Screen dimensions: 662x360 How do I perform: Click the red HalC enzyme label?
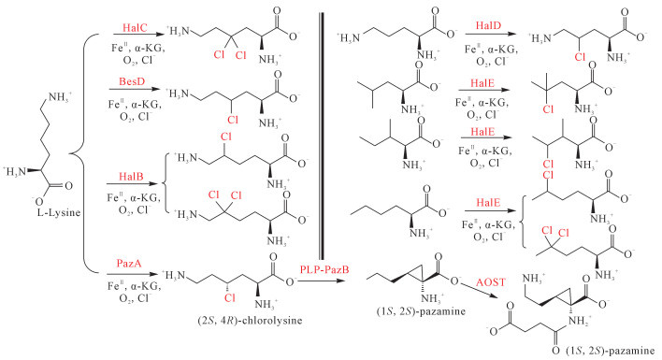point(135,28)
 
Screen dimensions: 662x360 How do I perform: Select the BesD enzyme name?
point(132,81)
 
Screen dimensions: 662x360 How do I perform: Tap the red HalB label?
point(131,176)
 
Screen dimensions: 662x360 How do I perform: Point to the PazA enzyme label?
point(129,264)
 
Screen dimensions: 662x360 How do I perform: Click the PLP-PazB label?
point(324,269)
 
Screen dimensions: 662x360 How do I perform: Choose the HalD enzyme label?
point(488,25)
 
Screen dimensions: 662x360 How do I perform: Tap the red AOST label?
point(491,282)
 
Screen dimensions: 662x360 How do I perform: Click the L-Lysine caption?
point(59,212)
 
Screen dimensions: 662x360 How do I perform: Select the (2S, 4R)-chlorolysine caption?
point(250,321)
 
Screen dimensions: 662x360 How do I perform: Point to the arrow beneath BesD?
point(135,90)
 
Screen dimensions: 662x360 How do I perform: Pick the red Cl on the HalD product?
point(581,56)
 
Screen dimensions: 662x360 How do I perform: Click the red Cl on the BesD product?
point(233,120)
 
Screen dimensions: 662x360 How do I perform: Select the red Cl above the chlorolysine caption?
point(230,298)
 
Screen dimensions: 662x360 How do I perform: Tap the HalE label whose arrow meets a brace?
point(488,203)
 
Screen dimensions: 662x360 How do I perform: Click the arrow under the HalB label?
point(133,184)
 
